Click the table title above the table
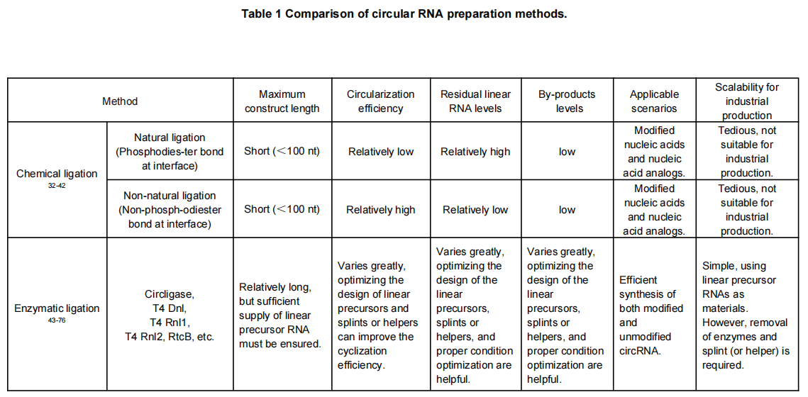(x=404, y=14)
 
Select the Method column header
(x=120, y=101)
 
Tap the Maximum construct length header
(x=282, y=101)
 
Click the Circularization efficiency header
(x=381, y=101)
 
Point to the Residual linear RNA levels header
(x=475, y=101)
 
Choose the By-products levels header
(x=567, y=101)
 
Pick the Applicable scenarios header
(x=654, y=101)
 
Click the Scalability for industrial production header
(x=747, y=101)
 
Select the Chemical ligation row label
(x=56, y=174)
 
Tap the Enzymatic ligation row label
(x=57, y=309)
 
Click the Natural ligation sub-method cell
(x=170, y=152)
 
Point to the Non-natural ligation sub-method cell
(x=170, y=210)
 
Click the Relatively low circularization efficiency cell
(x=381, y=152)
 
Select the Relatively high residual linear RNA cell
(x=475, y=152)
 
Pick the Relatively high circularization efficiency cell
(x=381, y=210)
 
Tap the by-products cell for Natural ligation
(x=567, y=152)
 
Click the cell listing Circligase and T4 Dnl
(x=170, y=315)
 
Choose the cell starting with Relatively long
(x=282, y=315)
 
